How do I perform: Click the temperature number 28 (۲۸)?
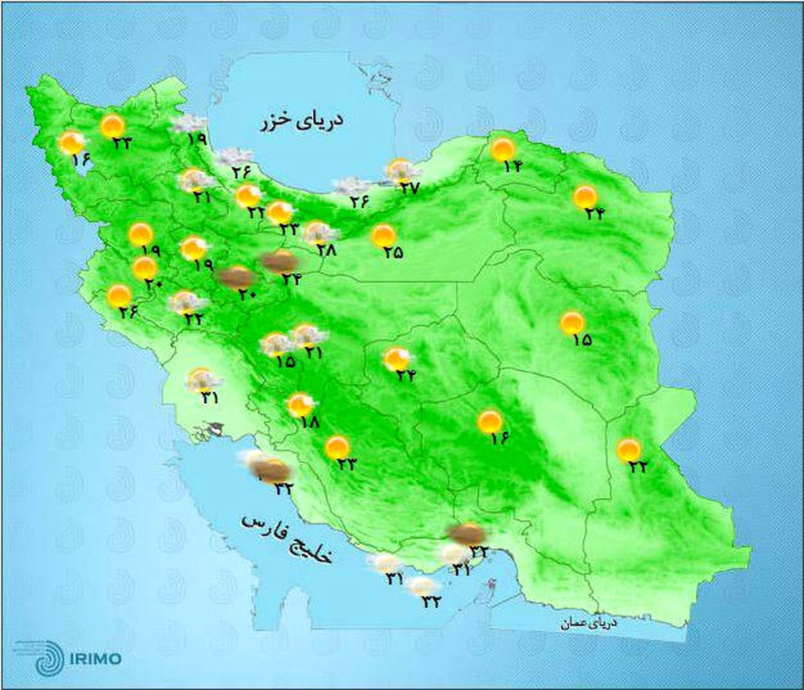point(327,250)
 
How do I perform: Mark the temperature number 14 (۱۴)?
point(512,166)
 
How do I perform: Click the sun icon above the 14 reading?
point(503,148)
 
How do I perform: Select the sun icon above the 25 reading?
point(383,235)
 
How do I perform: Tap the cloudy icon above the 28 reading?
point(320,233)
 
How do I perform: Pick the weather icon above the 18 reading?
point(301,405)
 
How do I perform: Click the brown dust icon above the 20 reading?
point(237,276)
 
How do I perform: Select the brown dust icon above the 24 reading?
point(279,262)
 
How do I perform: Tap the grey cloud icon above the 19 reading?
point(189,124)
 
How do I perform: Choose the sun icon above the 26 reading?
point(119,295)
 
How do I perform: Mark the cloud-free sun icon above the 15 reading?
point(572,323)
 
